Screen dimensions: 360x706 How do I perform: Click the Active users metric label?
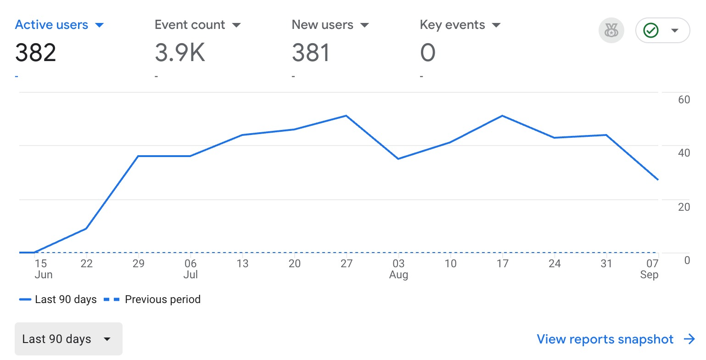pyautogui.click(x=51, y=25)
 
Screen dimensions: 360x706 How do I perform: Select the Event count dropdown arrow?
pyautogui.click(x=236, y=25)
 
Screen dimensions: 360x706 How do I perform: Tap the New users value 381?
pyautogui.click(x=311, y=53)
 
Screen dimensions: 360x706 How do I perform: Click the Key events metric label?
pyautogui.click(x=452, y=25)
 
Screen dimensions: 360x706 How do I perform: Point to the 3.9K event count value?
pyautogui.click(x=180, y=53)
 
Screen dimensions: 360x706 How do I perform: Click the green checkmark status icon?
pyautogui.click(x=651, y=31)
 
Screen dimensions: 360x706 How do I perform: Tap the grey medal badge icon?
pyautogui.click(x=611, y=31)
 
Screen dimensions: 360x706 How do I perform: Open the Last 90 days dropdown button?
pyautogui.click(x=68, y=339)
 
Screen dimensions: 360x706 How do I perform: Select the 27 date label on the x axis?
pyautogui.click(x=347, y=264)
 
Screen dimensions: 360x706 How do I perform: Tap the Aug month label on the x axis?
pyautogui.click(x=398, y=275)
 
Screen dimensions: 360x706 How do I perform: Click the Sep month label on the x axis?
pyautogui.click(x=650, y=275)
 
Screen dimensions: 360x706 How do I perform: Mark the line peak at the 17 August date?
pyautogui.click(x=503, y=116)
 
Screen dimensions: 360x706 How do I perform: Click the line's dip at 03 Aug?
pyautogui.click(x=398, y=159)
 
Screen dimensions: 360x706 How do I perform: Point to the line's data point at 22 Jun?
pyautogui.click(x=86, y=228)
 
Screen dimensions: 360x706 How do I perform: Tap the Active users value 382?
pyautogui.click(x=36, y=53)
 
